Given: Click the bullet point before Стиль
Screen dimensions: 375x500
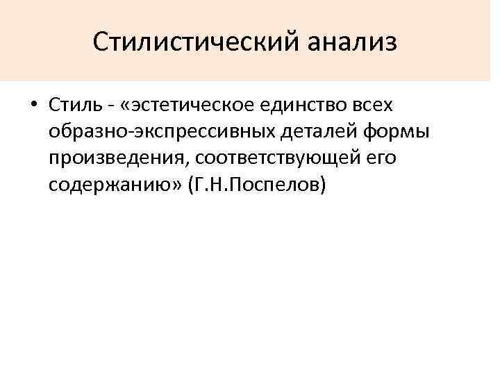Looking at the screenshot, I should tap(33, 106).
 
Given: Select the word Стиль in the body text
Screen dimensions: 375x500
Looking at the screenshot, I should tap(74, 106).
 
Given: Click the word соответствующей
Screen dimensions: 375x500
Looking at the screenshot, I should tap(276, 158).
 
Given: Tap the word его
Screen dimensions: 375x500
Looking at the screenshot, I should tap(380, 158).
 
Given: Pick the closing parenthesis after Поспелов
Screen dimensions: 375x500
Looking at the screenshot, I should tap(322, 185).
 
